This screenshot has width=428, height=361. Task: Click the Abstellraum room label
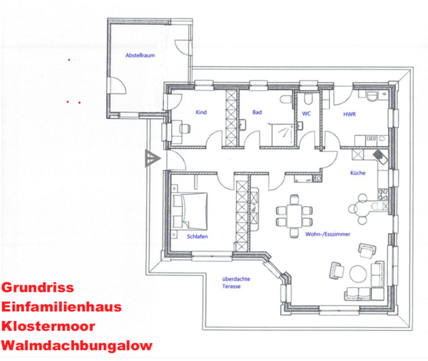[140, 56]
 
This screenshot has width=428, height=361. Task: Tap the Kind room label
[201, 113]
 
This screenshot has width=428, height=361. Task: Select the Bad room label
[257, 113]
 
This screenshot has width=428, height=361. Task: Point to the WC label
[306, 115]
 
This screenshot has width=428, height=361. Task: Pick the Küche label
[358, 173]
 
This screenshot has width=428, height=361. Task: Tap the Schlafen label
[197, 236]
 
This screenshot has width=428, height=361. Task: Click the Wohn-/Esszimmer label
[327, 234]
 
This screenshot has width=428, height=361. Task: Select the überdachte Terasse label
[236, 283]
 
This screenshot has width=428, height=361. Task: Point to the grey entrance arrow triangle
[151, 158]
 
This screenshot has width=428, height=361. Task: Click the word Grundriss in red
[38, 288]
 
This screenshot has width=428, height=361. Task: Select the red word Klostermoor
[48, 326]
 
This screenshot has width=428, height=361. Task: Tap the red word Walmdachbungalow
[77, 345]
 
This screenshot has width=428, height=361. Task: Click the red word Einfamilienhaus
[61, 307]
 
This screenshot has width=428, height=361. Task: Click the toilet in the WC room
[308, 98]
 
